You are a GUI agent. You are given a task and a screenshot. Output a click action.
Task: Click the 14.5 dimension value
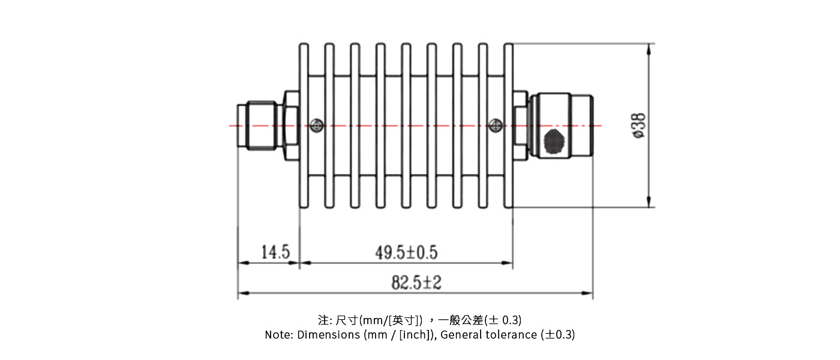coord(275,252)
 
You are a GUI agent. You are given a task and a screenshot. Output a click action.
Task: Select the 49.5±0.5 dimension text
coord(406,253)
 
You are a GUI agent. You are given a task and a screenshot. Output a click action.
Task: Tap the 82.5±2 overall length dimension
coord(416,283)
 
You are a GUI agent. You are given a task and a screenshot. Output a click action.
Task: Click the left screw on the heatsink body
coord(316,125)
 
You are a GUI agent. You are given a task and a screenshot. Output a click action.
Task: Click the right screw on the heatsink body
coord(495,125)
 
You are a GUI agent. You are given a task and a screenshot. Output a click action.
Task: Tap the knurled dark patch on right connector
coord(554,140)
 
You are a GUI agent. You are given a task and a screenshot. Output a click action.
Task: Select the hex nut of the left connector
coord(291,125)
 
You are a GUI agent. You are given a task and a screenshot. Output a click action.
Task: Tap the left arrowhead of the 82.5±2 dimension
coord(242,293)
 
